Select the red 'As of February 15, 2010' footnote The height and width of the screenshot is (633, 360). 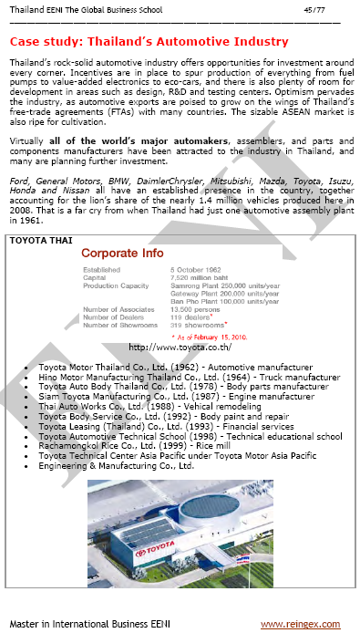tap(215, 337)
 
